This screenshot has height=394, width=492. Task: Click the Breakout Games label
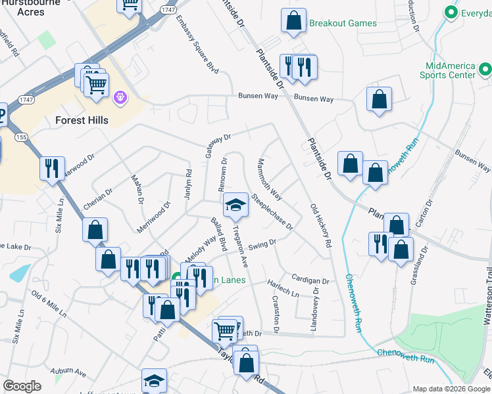343,24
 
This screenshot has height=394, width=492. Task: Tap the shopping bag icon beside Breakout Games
293,21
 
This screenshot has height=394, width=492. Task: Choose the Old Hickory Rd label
320,225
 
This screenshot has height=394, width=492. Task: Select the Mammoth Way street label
270,179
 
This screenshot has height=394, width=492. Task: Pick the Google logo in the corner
22,386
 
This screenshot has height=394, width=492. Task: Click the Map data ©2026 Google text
451,389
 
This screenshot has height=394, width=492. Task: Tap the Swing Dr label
262,244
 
